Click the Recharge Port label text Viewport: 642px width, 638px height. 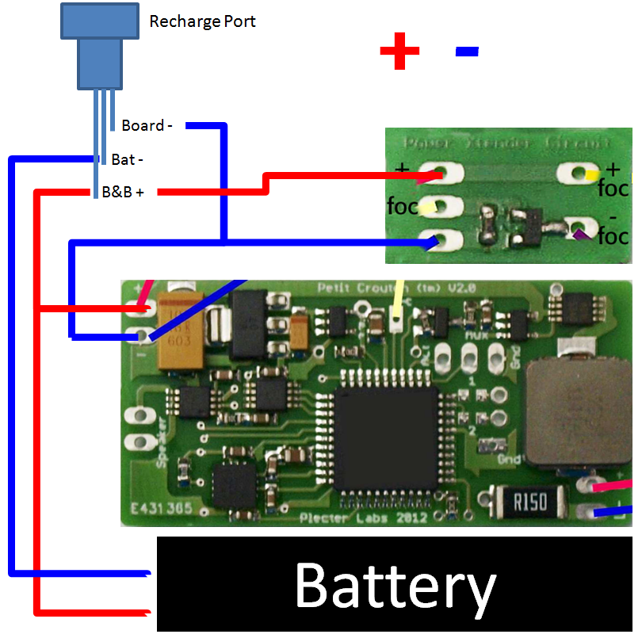pyautogui.click(x=202, y=21)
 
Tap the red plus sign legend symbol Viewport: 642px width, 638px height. pyautogui.click(x=399, y=52)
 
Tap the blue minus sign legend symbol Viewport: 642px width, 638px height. pyautogui.click(x=467, y=52)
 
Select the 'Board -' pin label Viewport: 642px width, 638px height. pyautogui.click(x=147, y=125)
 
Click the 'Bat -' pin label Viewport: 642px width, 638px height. pyautogui.click(x=127, y=159)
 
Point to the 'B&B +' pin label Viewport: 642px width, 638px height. pyautogui.click(x=123, y=192)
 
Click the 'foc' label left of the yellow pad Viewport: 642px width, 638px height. pyautogui.click(x=401, y=207)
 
